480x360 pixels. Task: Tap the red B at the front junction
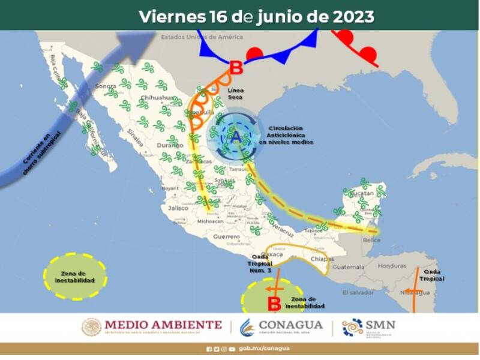236,67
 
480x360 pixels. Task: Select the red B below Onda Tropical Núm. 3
274,302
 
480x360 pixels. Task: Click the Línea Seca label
236,92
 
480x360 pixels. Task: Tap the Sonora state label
105,86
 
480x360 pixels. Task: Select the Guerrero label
226,237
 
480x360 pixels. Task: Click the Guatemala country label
349,266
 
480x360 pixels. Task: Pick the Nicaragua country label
415,292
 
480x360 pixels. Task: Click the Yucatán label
361,194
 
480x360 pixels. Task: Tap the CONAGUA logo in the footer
282,327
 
